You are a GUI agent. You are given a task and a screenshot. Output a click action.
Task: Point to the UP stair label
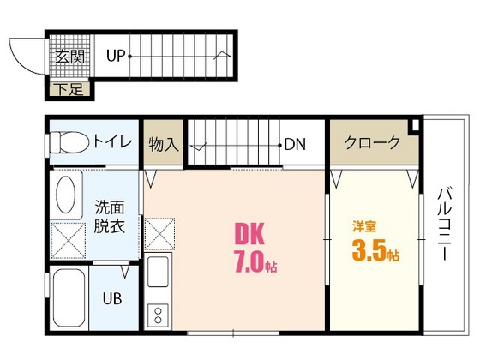click(x=117, y=57)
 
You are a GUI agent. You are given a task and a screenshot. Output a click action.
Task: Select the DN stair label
click(x=296, y=144)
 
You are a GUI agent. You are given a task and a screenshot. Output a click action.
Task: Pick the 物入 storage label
click(x=163, y=143)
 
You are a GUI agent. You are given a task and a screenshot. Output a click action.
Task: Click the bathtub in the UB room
click(x=68, y=300)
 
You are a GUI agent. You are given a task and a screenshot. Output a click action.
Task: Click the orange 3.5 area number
click(x=369, y=253)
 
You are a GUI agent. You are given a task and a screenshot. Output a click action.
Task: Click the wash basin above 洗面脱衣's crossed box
click(x=66, y=195)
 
